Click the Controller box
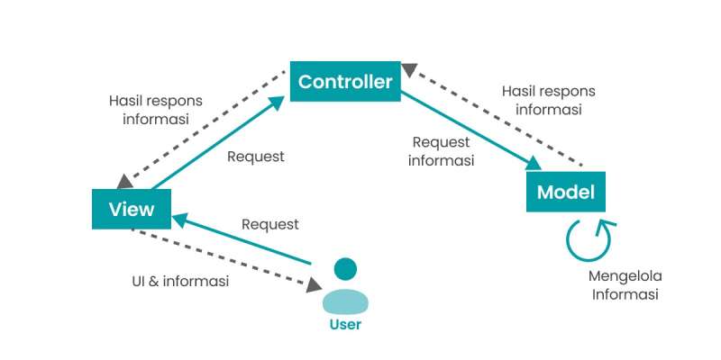click(x=345, y=81)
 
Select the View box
click(x=132, y=209)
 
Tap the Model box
click(x=566, y=192)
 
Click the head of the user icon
click(x=345, y=269)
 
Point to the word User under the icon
click(x=345, y=325)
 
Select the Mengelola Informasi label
click(x=625, y=285)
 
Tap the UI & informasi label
click(x=180, y=281)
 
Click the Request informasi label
click(x=441, y=151)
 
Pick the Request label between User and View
click(x=269, y=224)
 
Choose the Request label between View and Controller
click(x=256, y=156)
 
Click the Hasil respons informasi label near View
click(x=156, y=109)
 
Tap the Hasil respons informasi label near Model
click(x=549, y=100)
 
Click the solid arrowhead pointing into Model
click(x=534, y=164)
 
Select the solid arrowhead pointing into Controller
click(x=277, y=103)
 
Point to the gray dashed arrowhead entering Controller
click(x=409, y=69)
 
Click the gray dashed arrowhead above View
click(x=125, y=182)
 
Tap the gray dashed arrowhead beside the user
click(x=314, y=285)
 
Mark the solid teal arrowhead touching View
click(x=179, y=220)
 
